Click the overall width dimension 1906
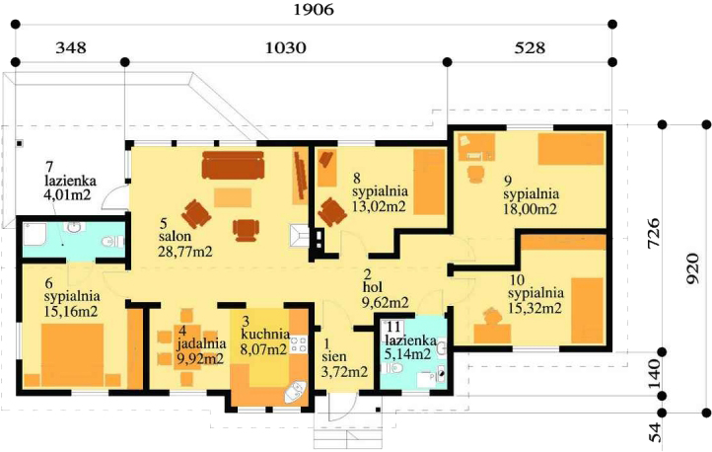tap(314, 9)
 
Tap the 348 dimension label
tap(70, 47)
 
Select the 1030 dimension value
tap(286, 47)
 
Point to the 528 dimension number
tap(530, 47)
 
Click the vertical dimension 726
tap(654, 233)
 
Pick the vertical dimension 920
tap(692, 268)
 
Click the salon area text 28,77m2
tap(185, 252)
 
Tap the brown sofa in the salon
tap(233, 165)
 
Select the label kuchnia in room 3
tap(265, 335)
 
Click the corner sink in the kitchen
tap(296, 392)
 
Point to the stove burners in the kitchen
tap(299, 344)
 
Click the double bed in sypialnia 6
tap(73, 354)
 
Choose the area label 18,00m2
tap(530, 208)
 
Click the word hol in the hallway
tap(373, 287)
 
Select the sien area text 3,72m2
tap(344, 372)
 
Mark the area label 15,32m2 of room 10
tap(534, 308)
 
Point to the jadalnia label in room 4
tap(201, 343)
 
